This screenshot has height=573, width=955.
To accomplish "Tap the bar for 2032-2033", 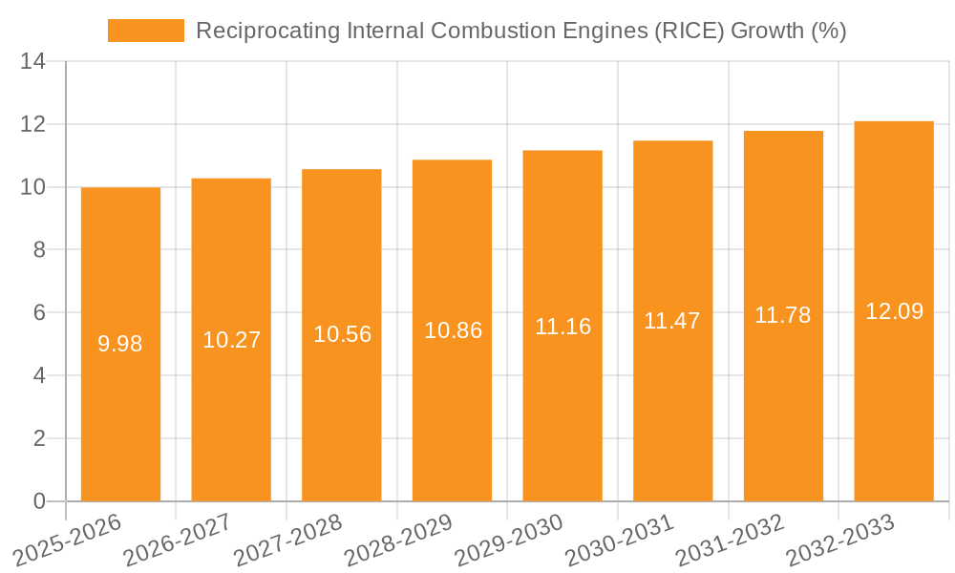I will pos(894,401).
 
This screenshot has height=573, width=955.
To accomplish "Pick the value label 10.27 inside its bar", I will pos(231,340).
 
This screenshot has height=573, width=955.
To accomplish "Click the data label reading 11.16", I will pos(562,327).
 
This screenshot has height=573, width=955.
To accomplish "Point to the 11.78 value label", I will pos(783,315).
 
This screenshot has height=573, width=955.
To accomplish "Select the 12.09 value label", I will pos(894,311).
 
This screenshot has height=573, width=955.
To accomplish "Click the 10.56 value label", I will pos(342,334).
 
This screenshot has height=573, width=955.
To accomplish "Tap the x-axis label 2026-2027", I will pos(178,540).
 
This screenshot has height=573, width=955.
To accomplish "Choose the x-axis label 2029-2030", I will pos(509,540).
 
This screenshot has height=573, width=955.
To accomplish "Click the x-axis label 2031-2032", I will pos(731,540).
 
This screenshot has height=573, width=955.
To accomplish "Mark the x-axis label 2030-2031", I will pos(620,540).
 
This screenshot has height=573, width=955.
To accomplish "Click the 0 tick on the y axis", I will pos(39,501).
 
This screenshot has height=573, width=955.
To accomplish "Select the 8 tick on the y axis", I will pos(39,250).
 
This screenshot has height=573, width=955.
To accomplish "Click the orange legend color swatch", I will pos(145,31).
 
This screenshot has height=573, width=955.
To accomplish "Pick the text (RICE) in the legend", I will pos(690,31).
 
